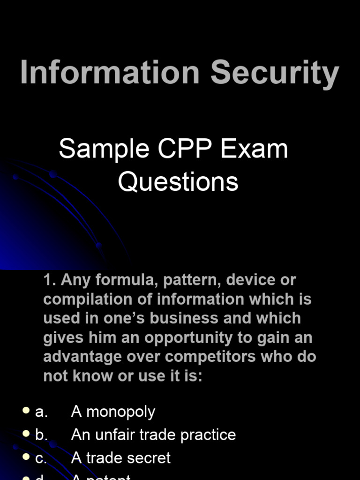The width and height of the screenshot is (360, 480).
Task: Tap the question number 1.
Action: coord(49,280)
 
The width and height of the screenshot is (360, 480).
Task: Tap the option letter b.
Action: coord(41,435)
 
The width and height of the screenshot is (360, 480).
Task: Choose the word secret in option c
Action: coord(149,457)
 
